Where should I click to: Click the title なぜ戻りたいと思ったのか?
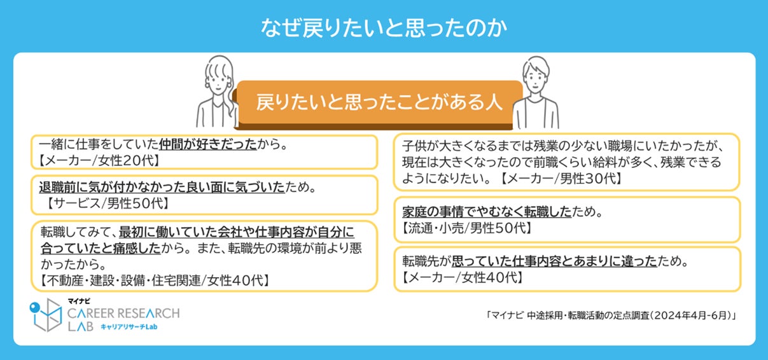[384, 28]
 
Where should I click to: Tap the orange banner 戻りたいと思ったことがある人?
[380, 102]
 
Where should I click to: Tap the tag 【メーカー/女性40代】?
[463, 277]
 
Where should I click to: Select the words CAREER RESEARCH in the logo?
[123, 313]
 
